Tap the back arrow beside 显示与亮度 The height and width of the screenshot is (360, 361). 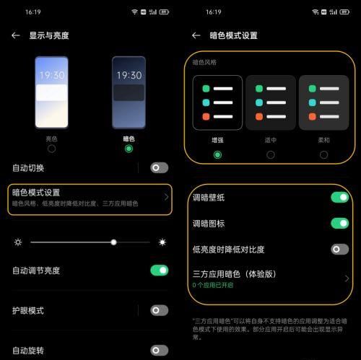pos(16,35)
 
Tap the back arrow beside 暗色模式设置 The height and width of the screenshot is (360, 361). pos(196,35)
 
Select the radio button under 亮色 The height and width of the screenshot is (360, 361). pos(51,149)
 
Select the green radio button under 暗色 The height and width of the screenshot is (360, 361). pos(129,149)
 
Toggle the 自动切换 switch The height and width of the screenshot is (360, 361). pos(159,167)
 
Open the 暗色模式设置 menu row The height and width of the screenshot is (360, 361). pos(90,198)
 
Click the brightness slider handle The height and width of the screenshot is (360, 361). pos(113,242)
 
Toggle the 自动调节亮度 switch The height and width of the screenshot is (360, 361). pos(159,271)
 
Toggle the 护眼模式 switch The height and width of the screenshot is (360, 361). pos(159,310)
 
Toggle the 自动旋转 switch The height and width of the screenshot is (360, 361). pos(159,351)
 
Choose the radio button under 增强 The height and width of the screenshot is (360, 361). pos(217,154)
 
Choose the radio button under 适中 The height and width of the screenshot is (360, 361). pos(271,154)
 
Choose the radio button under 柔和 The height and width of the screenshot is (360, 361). pos(323,154)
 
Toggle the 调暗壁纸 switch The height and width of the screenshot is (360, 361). pos(339,197)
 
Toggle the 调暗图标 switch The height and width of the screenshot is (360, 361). pos(339,223)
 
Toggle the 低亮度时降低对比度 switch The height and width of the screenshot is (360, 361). pos(339,249)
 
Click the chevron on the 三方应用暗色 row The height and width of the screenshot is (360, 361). pos(347,278)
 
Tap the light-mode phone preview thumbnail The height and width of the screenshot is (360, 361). pos(51,92)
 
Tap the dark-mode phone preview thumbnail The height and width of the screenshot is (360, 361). pos(129,92)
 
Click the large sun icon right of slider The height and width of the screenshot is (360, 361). pos(163,242)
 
